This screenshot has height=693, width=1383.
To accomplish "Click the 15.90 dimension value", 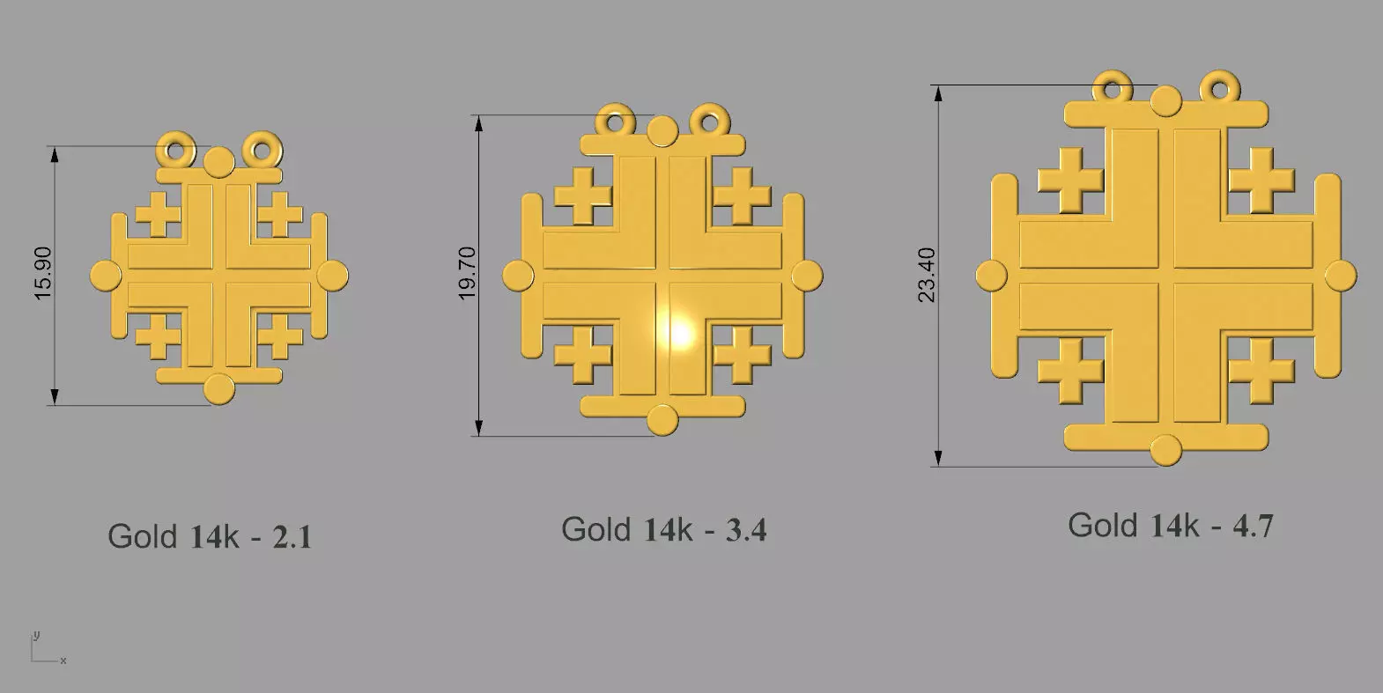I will point(43,274).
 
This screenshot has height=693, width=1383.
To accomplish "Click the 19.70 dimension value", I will point(467,274).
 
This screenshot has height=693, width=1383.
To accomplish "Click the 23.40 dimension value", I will point(927,275).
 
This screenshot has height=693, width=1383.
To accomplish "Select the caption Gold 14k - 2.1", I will point(210,536).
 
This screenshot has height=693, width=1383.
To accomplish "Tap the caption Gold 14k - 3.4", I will point(663,529).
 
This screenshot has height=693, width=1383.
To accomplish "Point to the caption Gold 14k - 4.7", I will point(1171,526).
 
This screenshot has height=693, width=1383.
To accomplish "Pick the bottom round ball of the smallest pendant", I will point(218,388).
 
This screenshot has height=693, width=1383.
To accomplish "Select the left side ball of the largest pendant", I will point(991,275).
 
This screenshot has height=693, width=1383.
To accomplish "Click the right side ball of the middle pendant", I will point(806,276).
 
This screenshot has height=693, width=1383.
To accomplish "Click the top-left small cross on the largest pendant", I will point(1070,181).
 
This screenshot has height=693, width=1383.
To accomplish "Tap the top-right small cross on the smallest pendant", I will point(280,215).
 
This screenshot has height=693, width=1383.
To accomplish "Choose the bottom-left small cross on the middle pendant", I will point(582,357).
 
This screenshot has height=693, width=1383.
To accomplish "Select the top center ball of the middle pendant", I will point(662,131).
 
